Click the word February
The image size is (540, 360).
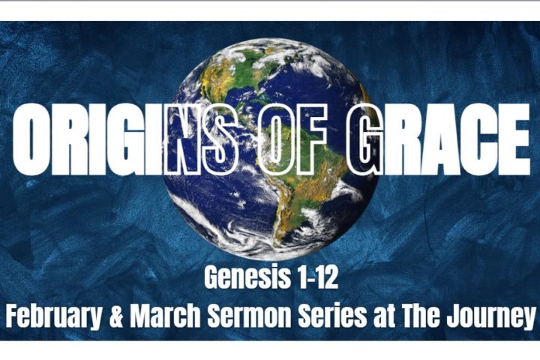(51, 315)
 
